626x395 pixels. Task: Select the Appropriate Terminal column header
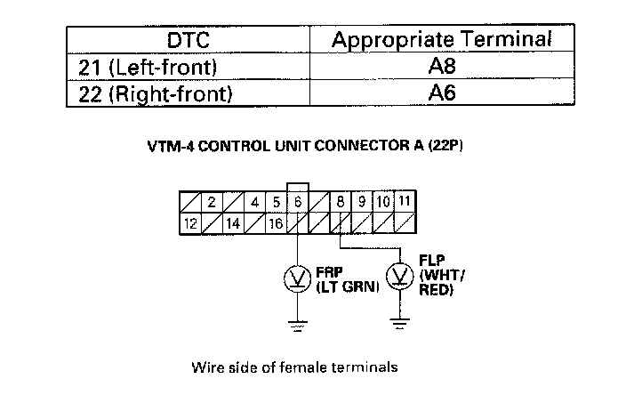point(442,41)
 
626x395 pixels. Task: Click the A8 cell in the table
point(442,67)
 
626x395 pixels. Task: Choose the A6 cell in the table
point(442,93)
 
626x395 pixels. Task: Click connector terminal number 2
point(212,202)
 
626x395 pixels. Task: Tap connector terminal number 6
point(298,202)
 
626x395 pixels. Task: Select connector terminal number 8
point(341,202)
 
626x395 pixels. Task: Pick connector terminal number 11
point(405,202)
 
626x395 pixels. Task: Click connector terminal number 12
point(189,223)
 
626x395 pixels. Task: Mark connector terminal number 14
point(233,223)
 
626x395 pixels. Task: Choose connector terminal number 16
point(277,223)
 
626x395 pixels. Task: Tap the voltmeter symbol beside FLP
point(399,278)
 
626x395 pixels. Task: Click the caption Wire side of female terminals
point(293,367)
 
